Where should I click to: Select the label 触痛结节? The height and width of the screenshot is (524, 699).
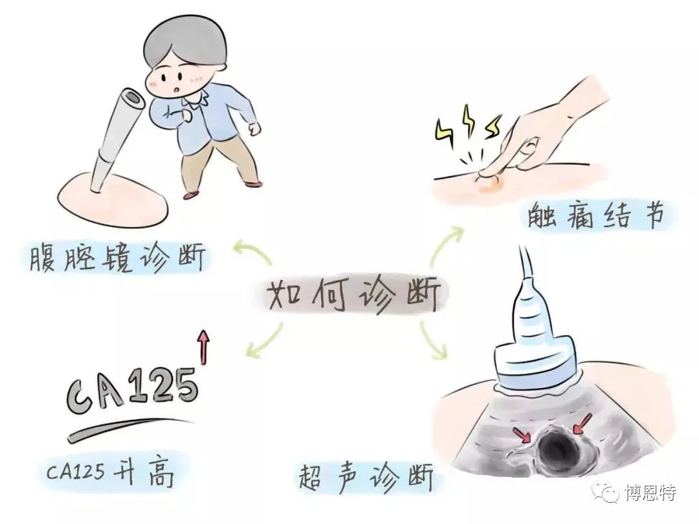tap(595, 216)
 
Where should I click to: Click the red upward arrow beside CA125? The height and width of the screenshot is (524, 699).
tap(204, 347)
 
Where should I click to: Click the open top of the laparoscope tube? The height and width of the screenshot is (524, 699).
tap(132, 97)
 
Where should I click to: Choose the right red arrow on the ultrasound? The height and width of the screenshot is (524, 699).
tap(582, 423)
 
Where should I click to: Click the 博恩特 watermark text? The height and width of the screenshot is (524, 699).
tap(651, 493)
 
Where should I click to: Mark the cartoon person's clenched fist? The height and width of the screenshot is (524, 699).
tap(254, 128)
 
